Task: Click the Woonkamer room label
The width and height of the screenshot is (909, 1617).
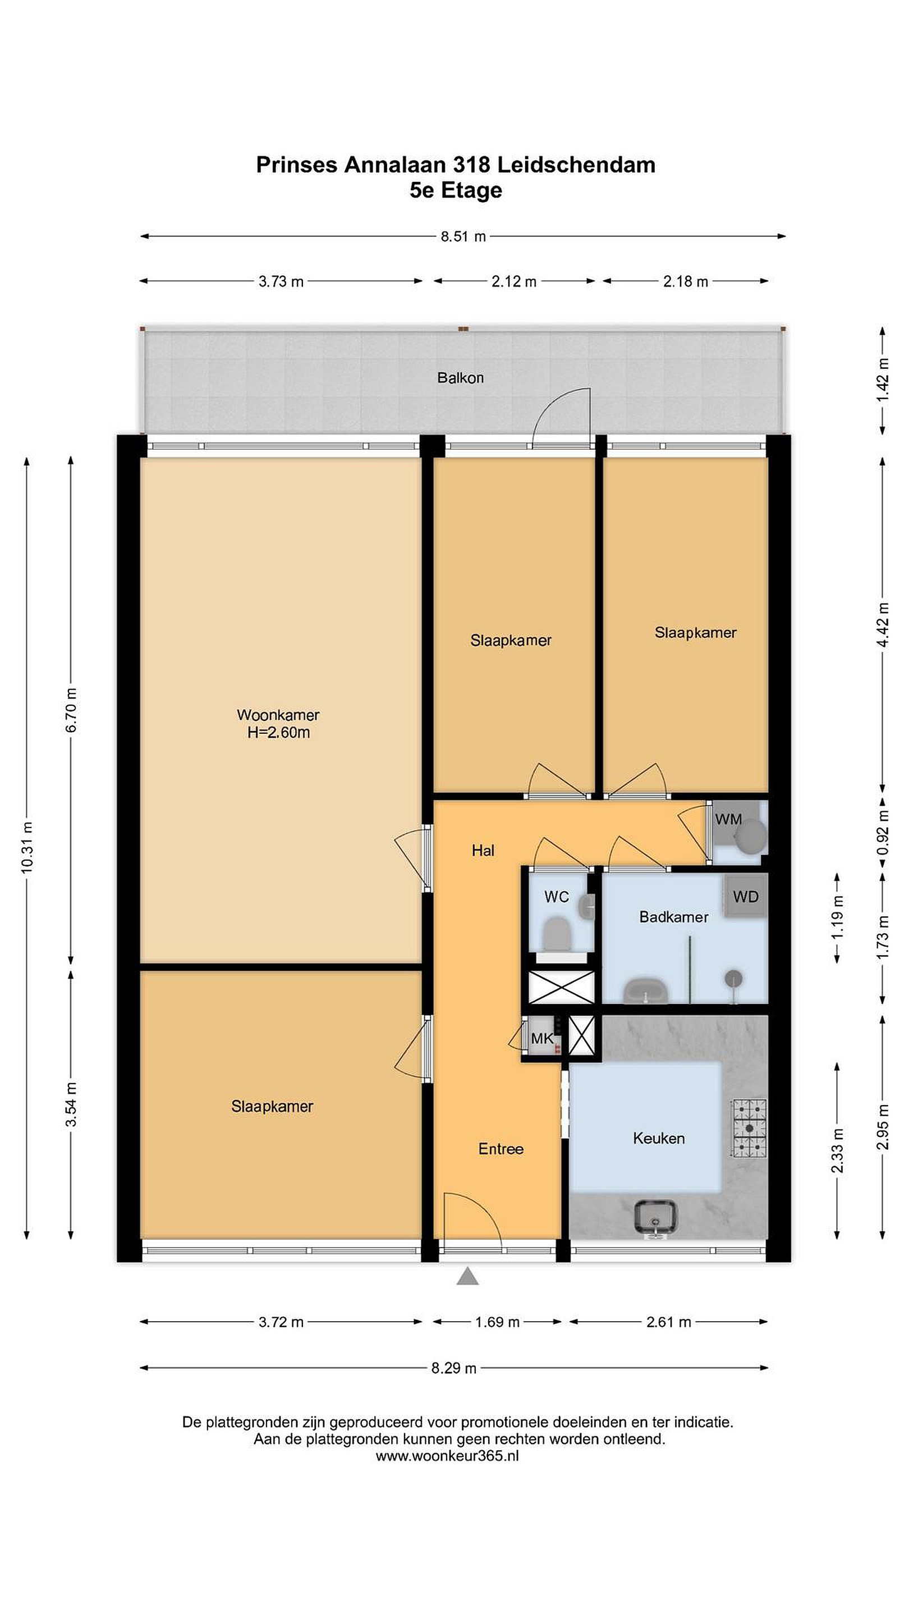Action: pos(278,714)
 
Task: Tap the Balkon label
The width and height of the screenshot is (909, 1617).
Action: pos(461,378)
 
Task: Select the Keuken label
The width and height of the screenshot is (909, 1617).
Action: pos(659,1138)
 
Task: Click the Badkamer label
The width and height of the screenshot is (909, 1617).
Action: pos(674,917)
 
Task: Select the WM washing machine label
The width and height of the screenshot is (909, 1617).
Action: pos(728,819)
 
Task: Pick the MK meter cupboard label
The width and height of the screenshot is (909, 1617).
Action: pos(542,1038)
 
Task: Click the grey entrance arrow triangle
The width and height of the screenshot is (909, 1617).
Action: pos(467,1276)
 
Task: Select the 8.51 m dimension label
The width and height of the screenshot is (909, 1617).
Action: pos(463,236)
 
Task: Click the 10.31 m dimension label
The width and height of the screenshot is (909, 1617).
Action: pos(27,847)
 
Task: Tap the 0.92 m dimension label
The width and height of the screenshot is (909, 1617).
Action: pos(883,832)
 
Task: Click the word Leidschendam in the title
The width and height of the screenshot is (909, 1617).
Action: pos(576,165)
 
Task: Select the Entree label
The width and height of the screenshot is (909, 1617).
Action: pos(501,1149)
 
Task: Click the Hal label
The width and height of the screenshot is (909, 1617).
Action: pos(483,851)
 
